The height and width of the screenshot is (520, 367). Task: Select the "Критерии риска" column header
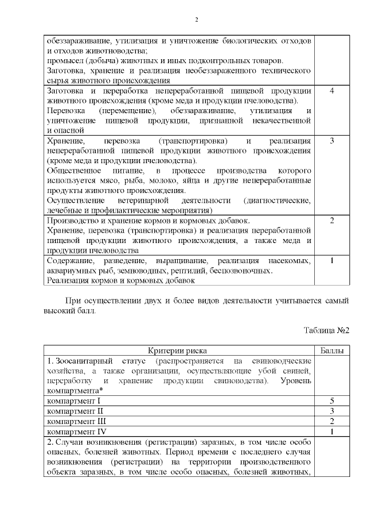click(178, 350)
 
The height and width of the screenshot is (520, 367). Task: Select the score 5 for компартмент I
click(332, 400)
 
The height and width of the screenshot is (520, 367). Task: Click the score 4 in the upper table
click(332, 91)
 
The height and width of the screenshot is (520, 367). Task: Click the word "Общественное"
click(74, 171)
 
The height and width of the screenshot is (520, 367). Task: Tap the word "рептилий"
click(223, 271)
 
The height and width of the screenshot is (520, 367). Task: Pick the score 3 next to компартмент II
click(332, 411)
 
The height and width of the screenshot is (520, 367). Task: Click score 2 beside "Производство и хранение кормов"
click(332, 221)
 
